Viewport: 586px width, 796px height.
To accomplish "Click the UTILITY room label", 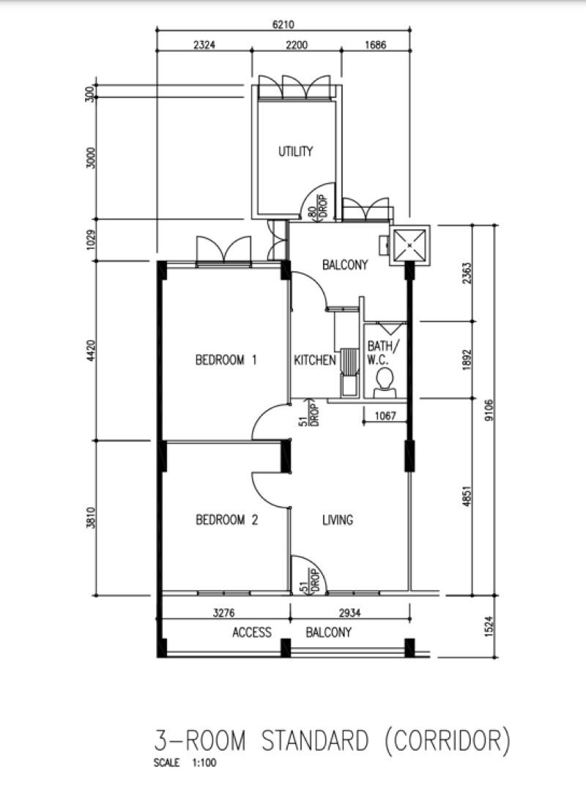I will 295,152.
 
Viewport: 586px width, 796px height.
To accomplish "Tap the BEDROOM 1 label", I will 226,360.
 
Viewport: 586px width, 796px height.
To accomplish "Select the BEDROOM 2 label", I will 226,520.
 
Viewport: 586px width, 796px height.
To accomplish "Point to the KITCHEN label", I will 315,360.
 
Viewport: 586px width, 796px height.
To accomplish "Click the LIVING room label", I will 338,520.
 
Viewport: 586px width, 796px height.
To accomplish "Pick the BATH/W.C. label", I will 384,353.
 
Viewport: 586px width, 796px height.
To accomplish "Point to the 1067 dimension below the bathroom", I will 385,416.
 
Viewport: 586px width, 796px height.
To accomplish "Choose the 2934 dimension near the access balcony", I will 349,612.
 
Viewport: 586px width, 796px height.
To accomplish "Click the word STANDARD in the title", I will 315,741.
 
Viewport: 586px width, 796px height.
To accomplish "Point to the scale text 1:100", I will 204,763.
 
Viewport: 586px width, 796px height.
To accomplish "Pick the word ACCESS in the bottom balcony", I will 251,632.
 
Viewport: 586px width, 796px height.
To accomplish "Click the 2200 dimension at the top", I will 296,45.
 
